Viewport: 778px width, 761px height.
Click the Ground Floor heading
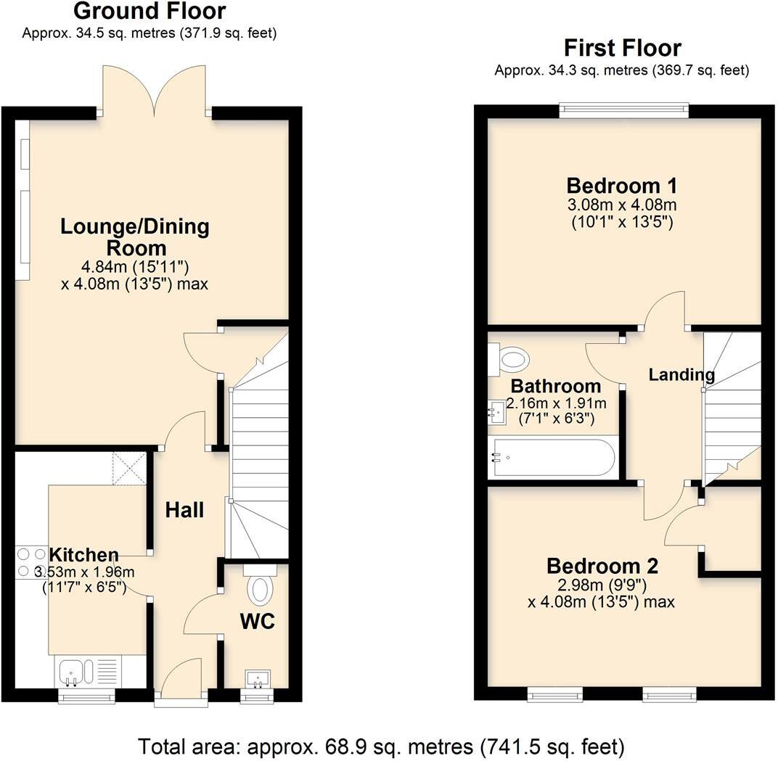150,12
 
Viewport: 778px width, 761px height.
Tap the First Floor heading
622,48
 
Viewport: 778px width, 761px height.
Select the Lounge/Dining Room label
134,237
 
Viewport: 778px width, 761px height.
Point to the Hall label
184,510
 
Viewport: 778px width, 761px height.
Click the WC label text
257,622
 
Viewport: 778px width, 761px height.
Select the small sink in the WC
257,679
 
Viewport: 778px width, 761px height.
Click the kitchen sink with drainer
85,672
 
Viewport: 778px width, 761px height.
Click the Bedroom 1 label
623,184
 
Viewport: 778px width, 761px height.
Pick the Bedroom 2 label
602,565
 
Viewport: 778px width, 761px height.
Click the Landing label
681,375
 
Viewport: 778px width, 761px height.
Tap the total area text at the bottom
381,745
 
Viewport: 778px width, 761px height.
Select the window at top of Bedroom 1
623,110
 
